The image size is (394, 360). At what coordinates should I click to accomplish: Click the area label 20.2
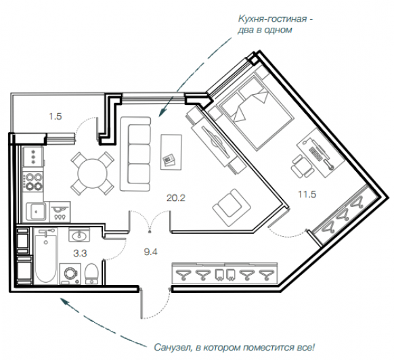click(x=176, y=198)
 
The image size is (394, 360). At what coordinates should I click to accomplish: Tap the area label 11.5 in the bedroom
click(x=307, y=194)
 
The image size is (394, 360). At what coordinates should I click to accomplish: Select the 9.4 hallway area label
click(x=150, y=252)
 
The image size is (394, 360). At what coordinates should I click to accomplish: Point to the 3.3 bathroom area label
click(x=80, y=254)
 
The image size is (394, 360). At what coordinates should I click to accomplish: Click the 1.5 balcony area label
click(x=56, y=116)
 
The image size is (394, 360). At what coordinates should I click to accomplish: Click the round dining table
click(x=93, y=173)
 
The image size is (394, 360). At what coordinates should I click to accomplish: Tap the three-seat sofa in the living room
click(x=135, y=154)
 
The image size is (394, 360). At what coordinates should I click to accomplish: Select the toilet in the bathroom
click(x=91, y=274)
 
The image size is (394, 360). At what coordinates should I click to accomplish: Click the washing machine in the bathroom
click(x=70, y=274)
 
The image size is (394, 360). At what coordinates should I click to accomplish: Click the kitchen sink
click(x=37, y=212)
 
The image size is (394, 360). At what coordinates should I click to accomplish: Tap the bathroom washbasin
click(x=79, y=235)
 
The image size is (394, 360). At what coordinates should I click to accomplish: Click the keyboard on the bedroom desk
click(x=316, y=154)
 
